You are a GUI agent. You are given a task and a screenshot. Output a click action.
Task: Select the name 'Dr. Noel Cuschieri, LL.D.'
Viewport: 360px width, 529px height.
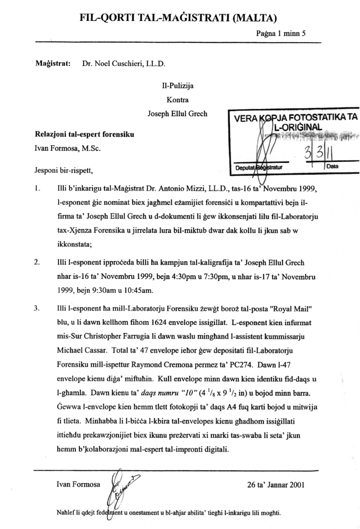click(123, 64)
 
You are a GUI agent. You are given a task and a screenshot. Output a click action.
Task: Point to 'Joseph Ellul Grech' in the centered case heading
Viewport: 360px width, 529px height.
click(177, 114)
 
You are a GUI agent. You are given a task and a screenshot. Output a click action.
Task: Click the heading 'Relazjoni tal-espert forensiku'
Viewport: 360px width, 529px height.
click(84, 135)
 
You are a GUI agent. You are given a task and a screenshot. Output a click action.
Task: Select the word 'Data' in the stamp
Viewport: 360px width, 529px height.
click(332, 166)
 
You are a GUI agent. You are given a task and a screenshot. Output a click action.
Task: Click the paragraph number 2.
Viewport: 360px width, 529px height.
click(37, 263)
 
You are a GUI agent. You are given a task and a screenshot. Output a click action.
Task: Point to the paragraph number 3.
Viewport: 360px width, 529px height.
click(37, 309)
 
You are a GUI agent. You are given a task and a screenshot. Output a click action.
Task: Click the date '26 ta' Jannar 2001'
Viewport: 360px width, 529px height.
click(275, 485)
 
